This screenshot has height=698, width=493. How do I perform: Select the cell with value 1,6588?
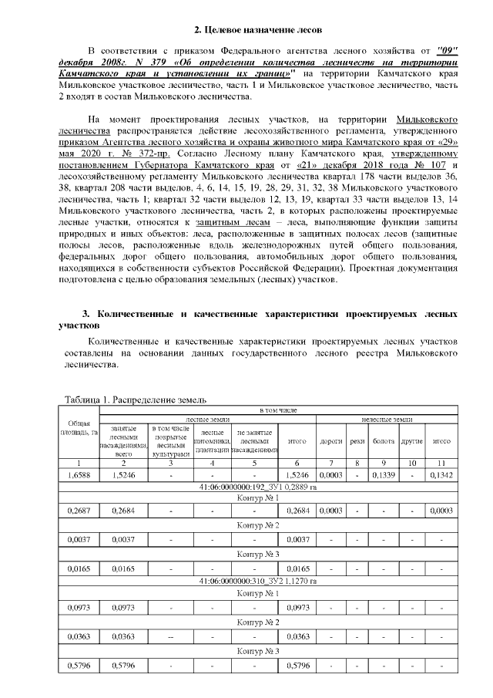click(x=79, y=476)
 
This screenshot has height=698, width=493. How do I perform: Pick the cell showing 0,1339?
click(x=383, y=476)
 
